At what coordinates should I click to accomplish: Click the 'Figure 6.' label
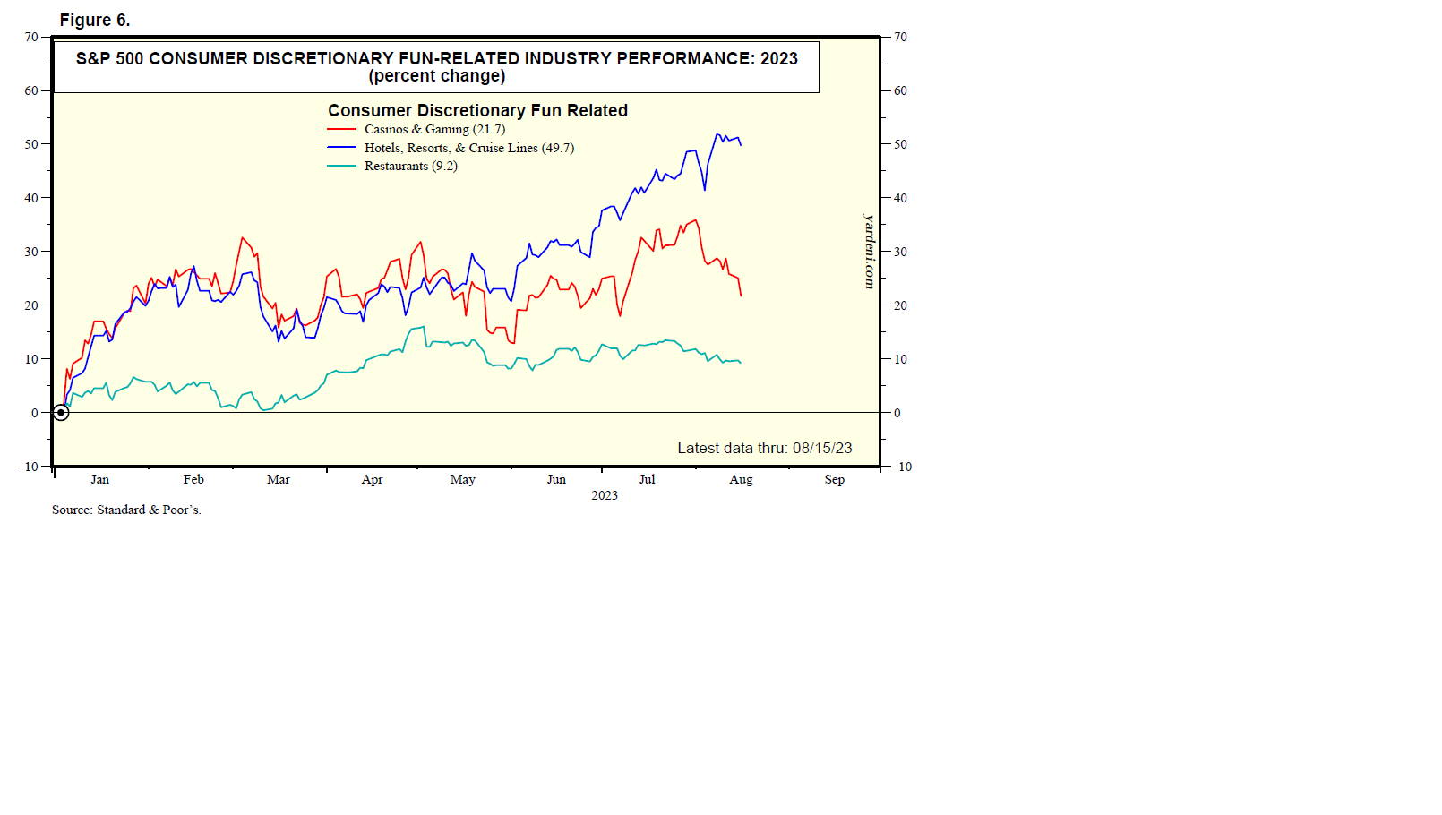pos(95,20)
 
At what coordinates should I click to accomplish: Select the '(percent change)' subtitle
pos(437,76)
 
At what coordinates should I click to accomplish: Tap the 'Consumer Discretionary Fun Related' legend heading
pos(477,110)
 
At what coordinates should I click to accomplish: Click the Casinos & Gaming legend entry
pos(434,129)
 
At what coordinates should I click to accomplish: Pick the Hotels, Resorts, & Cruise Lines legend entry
pos(468,148)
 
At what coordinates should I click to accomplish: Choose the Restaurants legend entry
pos(410,166)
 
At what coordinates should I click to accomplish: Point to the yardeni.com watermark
pos(869,251)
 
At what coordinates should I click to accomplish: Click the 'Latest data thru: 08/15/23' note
pos(764,448)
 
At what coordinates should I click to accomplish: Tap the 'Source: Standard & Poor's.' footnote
pos(126,510)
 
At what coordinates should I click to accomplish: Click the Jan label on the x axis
pos(99,479)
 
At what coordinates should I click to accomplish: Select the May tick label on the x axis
pos(462,479)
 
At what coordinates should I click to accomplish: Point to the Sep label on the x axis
pos(834,479)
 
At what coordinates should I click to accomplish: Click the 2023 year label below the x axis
pos(605,495)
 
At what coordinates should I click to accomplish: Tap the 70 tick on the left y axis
pos(31,37)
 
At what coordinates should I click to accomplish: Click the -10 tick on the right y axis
pos(902,467)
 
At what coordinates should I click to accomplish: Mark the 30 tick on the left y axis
pos(31,252)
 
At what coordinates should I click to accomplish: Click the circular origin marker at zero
pos(61,413)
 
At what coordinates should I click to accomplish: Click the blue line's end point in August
pos(741,145)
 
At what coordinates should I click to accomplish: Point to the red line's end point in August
pos(741,296)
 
